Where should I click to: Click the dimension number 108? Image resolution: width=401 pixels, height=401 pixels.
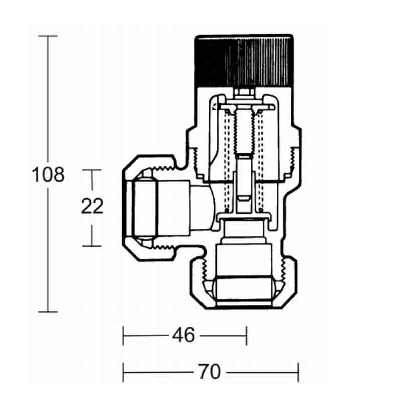[x=48, y=175]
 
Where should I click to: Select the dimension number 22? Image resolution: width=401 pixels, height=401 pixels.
[x=92, y=207]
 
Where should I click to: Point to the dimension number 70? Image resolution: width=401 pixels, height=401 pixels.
[x=209, y=372]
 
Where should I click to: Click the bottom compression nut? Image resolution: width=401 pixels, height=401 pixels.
[x=244, y=288]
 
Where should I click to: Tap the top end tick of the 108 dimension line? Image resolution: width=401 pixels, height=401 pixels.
[x=48, y=36]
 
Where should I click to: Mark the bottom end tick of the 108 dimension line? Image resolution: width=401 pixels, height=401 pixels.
[x=48, y=312]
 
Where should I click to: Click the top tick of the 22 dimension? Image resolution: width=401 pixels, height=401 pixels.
[x=92, y=170]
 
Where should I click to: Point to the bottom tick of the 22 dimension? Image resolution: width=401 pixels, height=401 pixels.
[x=92, y=246]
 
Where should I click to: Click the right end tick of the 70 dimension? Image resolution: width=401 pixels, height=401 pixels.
[x=299, y=372]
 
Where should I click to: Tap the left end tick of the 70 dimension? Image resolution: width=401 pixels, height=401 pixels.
[x=124, y=372]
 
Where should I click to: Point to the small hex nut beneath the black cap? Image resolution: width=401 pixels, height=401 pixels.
[x=244, y=92]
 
